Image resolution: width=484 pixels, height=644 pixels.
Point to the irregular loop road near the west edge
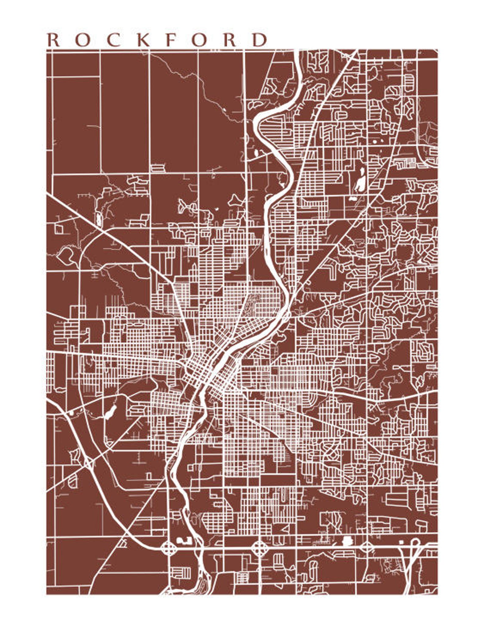[x=66, y=255]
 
